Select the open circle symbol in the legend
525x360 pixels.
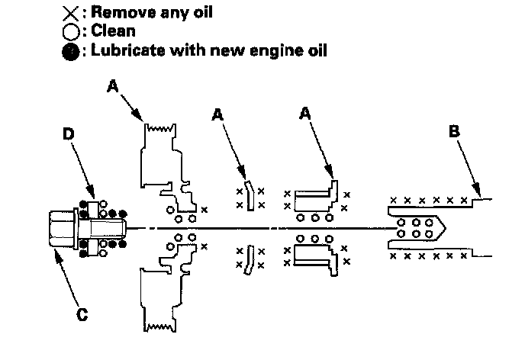(x=69, y=32)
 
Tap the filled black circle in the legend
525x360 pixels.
(x=69, y=51)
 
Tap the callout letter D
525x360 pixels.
(x=67, y=134)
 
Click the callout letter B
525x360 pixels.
(x=455, y=132)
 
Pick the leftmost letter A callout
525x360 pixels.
(x=112, y=87)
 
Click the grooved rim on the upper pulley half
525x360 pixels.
(x=160, y=130)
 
